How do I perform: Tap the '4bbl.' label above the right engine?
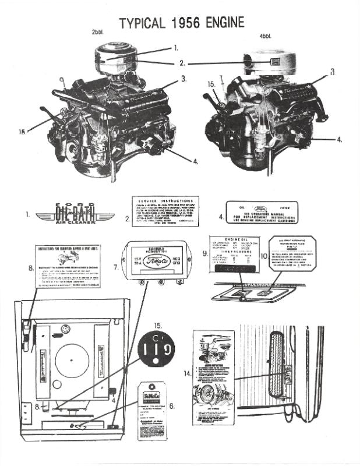tap(265, 36)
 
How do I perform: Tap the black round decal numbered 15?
tap(156, 350)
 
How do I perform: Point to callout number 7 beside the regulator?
tap(116, 267)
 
